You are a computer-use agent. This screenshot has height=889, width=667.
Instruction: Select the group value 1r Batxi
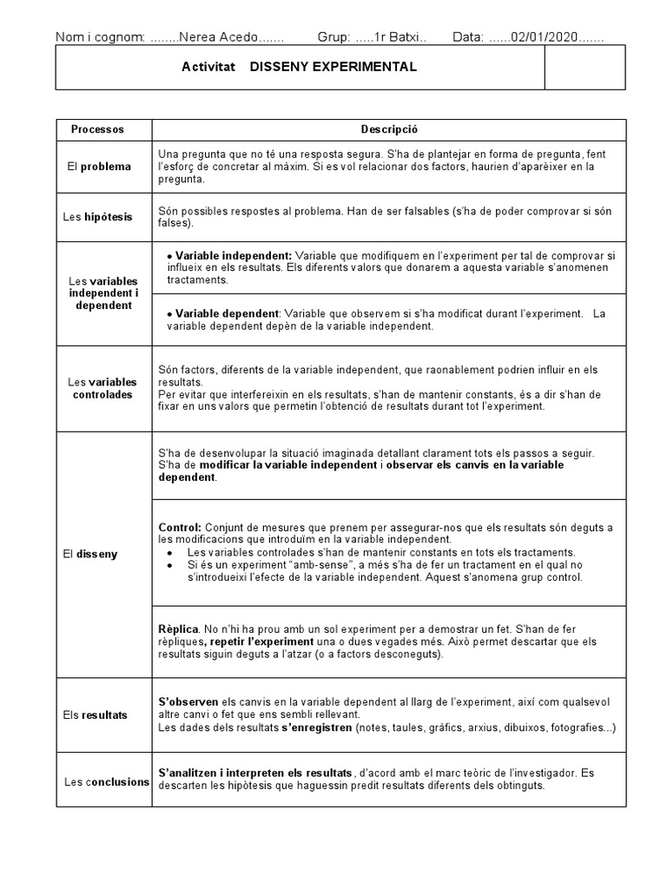click(397, 37)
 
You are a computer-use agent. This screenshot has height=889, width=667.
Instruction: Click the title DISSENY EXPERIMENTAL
click(333, 67)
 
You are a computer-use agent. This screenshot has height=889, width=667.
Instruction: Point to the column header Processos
click(97, 129)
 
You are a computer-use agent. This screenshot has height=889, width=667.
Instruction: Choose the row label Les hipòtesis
click(98, 217)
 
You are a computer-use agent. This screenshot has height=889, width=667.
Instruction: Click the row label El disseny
click(96, 554)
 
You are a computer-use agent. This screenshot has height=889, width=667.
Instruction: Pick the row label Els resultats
click(96, 715)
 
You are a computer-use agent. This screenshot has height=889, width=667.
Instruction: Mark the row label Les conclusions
click(107, 781)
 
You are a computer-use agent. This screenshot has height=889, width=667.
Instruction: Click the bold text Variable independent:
click(233, 256)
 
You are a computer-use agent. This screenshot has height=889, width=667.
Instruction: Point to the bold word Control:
click(180, 528)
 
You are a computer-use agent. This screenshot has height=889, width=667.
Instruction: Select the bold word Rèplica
click(178, 629)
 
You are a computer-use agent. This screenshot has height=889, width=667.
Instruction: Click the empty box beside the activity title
click(584, 68)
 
